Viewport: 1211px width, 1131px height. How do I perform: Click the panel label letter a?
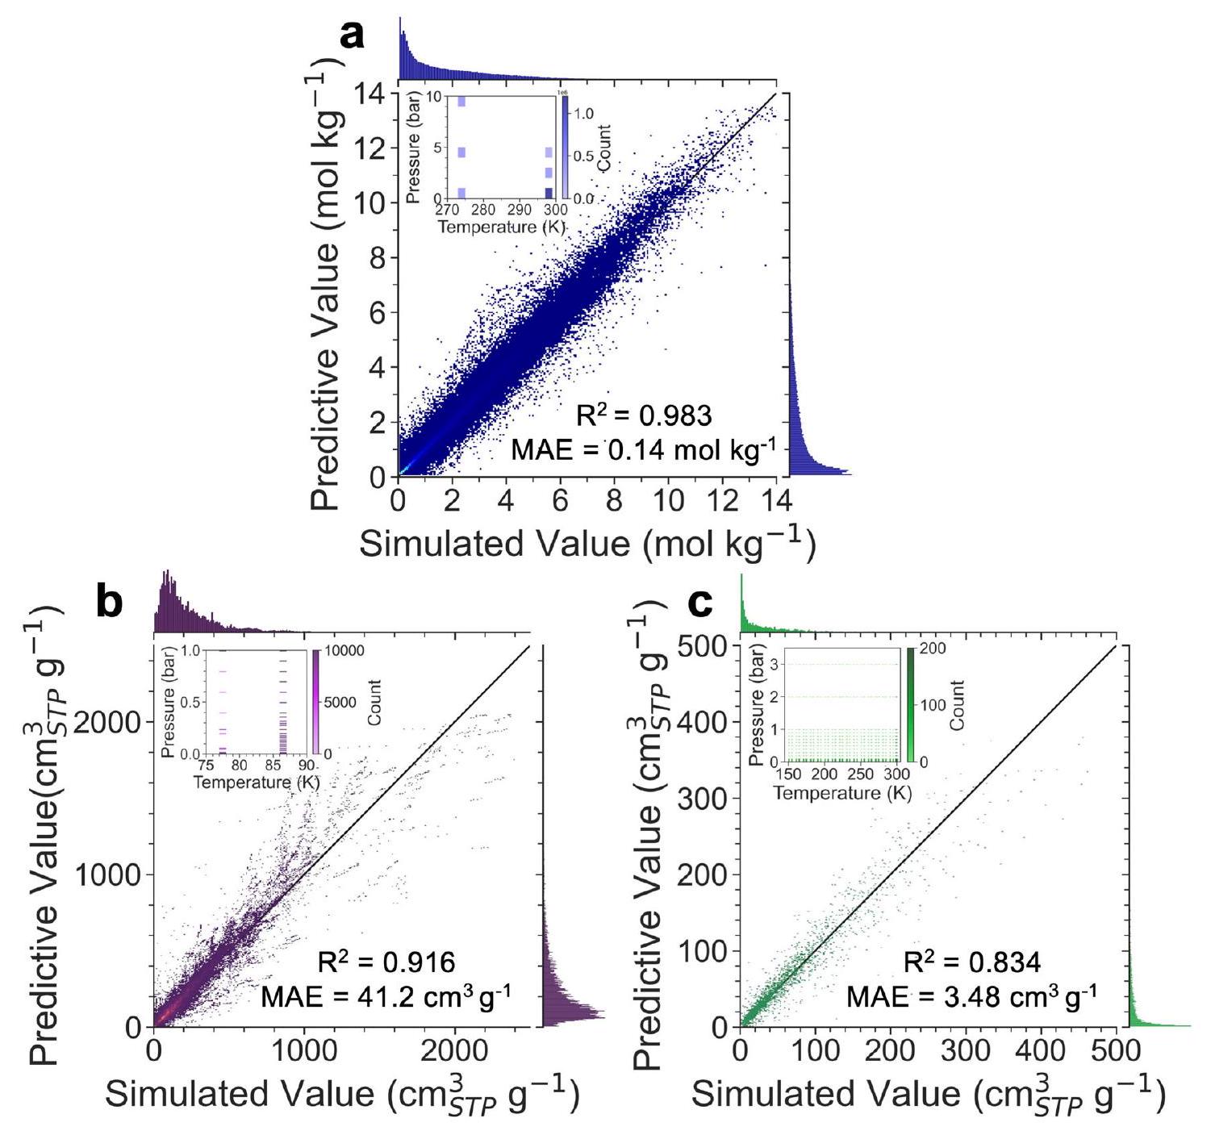tap(353, 36)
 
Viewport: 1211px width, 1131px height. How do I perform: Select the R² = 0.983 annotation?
tap(643, 415)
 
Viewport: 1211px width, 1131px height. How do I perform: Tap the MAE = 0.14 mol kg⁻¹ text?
tap(643, 449)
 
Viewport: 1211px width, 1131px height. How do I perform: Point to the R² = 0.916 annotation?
tap(386, 962)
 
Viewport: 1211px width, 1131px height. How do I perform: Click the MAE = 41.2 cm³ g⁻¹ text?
tap(386, 997)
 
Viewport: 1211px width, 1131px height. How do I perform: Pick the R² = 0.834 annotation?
tap(971, 962)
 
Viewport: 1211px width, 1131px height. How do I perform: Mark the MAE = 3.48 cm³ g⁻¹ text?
tap(971, 997)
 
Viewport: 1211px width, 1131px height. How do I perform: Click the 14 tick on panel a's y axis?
tap(370, 94)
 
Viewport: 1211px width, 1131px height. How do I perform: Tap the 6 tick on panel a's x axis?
tap(560, 501)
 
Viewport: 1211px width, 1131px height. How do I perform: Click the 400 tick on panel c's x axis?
tap(1041, 1050)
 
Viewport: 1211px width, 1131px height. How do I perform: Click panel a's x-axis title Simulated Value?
tap(587, 543)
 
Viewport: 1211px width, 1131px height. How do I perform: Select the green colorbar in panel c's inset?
tap(911, 705)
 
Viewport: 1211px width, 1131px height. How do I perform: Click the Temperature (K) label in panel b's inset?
tap(257, 783)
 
